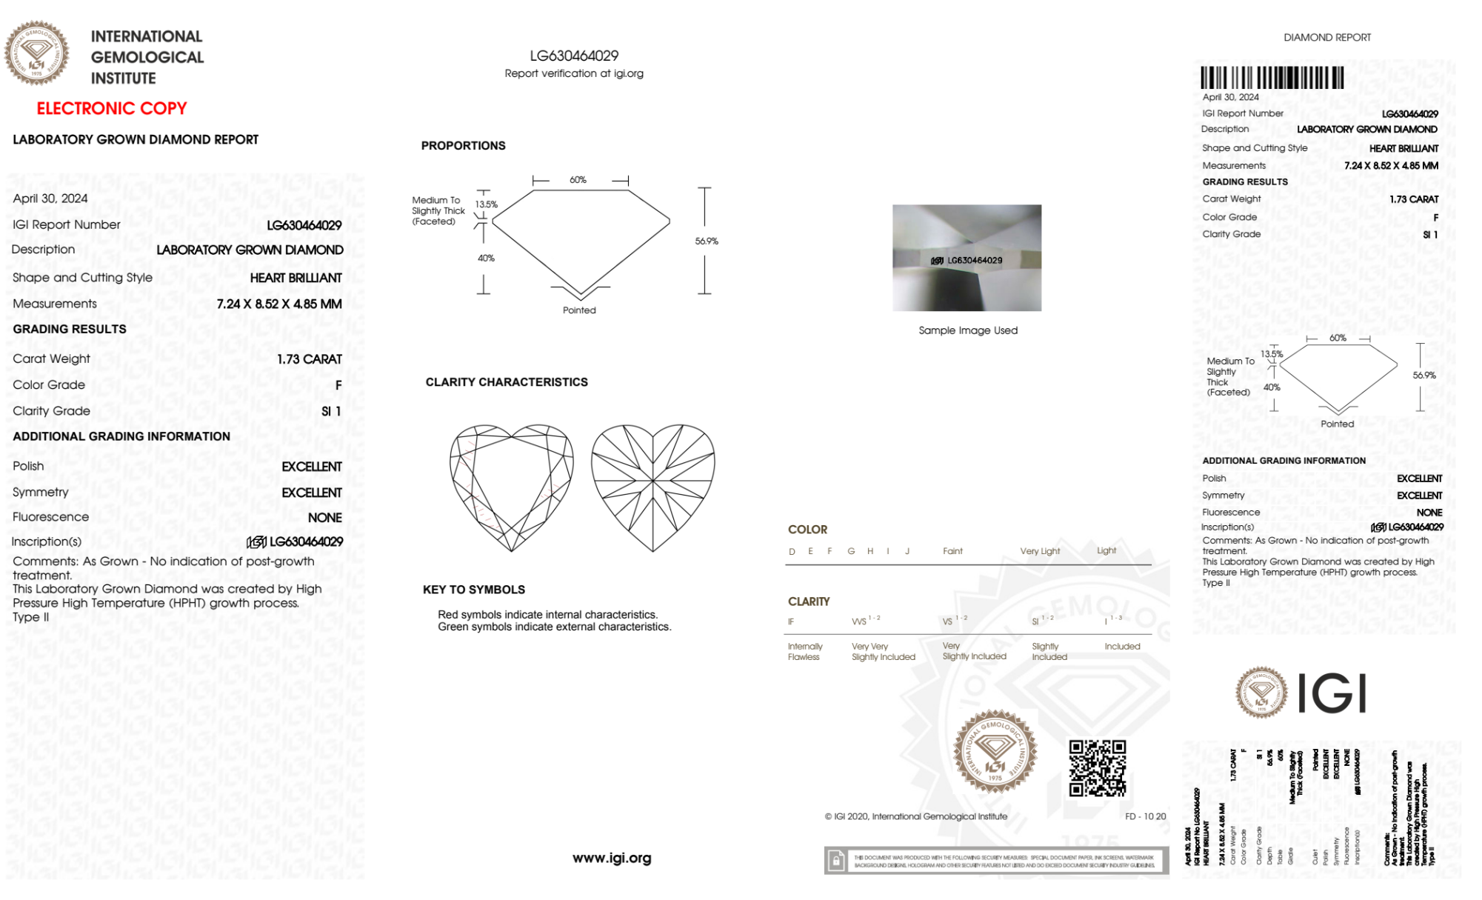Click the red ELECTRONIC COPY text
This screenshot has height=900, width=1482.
(x=112, y=108)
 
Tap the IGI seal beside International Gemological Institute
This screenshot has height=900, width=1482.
(x=36, y=53)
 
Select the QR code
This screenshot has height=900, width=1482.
(x=1097, y=768)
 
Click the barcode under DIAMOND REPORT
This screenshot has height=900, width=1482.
(x=1272, y=78)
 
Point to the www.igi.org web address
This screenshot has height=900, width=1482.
(x=612, y=858)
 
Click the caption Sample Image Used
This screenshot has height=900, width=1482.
(x=968, y=330)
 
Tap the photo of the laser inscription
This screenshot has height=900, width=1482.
(x=967, y=258)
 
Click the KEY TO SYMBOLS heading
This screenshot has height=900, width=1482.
(x=474, y=590)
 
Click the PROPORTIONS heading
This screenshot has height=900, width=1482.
(x=464, y=146)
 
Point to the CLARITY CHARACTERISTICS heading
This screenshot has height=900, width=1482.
(x=507, y=382)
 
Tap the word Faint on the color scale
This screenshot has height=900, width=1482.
(x=952, y=551)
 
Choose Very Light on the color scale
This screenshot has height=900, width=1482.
(x=1040, y=551)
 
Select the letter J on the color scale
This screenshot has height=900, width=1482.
(x=907, y=551)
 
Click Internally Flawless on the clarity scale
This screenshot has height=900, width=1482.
(x=804, y=652)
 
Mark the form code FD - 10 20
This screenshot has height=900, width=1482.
(x=1145, y=816)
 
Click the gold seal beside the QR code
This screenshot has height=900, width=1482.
(x=995, y=753)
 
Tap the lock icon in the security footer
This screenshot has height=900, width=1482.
(x=836, y=861)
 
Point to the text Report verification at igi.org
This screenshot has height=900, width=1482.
(x=574, y=73)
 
